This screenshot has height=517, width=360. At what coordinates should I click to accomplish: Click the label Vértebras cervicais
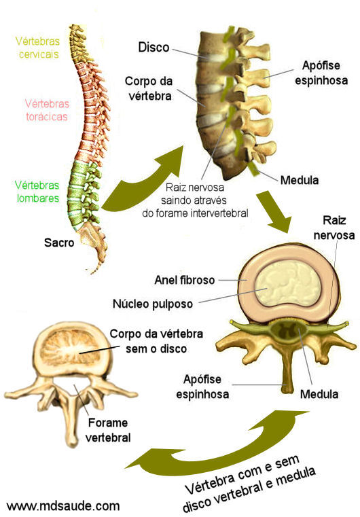pyautogui.click(x=37, y=48)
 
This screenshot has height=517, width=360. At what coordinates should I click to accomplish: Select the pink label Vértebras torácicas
pyautogui.click(x=47, y=110)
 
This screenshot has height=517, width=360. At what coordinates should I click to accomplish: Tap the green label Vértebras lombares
pyautogui.click(x=37, y=192)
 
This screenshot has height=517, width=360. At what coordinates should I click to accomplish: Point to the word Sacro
pyautogui.click(x=59, y=243)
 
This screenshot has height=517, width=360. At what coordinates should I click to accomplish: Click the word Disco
pyautogui.click(x=154, y=47)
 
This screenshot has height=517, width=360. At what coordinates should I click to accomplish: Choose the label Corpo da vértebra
pyautogui.click(x=149, y=88)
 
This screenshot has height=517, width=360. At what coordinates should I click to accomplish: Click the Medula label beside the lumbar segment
pyautogui.click(x=300, y=180)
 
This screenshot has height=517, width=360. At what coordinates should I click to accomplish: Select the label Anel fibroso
pyautogui.click(x=185, y=281)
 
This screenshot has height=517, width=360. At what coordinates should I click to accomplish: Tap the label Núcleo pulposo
pyautogui.click(x=153, y=304)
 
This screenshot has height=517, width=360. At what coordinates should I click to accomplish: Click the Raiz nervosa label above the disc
pyautogui.click(x=334, y=228)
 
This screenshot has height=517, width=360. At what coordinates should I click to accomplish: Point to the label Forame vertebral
pyautogui.click(x=108, y=430)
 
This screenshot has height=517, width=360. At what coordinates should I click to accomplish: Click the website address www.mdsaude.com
pyautogui.click(x=63, y=505)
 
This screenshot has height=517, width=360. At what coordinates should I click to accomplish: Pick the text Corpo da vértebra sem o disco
pyautogui.click(x=156, y=341)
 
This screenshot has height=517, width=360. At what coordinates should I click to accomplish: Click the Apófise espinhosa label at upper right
pyautogui.click(x=321, y=73)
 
